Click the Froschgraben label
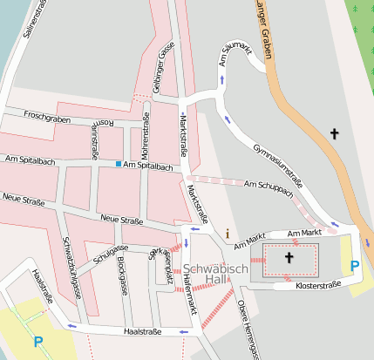coord(46,115)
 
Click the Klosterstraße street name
coord(317,285)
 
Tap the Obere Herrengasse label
coord(248,327)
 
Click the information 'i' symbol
coord(228,234)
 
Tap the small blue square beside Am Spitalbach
coord(118,163)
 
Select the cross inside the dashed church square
coord(289,259)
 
